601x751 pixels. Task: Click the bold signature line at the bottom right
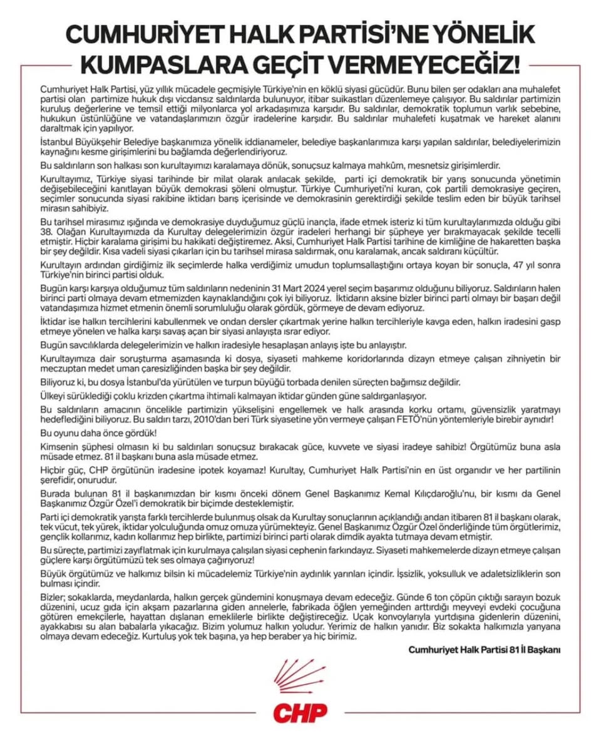[484, 650]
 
